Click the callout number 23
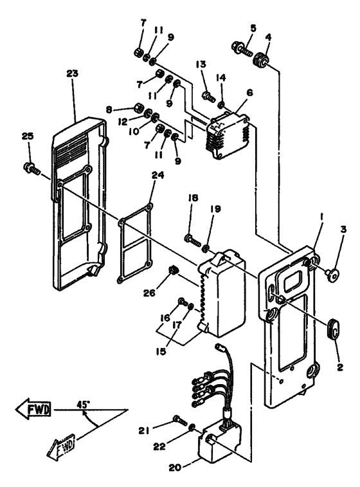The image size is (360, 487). click(72, 73)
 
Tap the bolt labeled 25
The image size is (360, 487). click(32, 168)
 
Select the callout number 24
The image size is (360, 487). click(158, 176)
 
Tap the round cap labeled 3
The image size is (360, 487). click(332, 275)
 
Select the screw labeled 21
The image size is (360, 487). click(180, 420)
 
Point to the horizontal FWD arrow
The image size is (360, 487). click(33, 409)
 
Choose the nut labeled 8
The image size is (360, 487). click(138, 108)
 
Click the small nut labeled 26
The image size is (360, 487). click(172, 270)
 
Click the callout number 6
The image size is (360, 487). click(250, 93)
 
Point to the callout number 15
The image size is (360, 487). click(161, 351)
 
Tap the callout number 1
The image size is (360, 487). click(322, 219)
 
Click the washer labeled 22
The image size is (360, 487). click(192, 428)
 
